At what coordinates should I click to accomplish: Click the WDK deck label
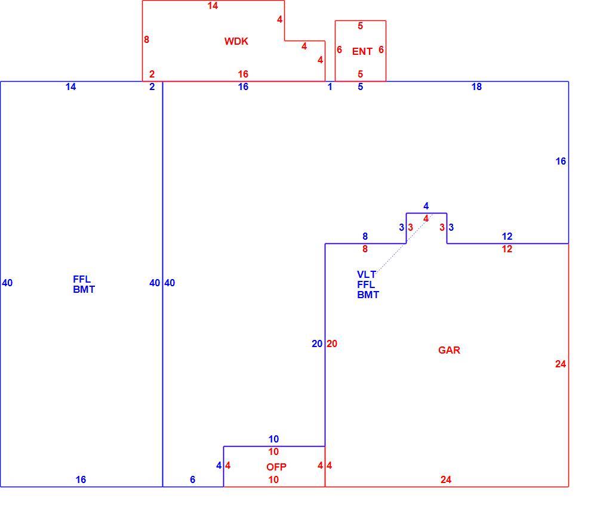[236, 41]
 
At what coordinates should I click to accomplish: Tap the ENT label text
[362, 51]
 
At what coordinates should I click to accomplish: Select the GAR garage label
[449, 350]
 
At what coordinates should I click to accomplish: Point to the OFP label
[276, 467]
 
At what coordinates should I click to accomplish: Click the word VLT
[367, 274]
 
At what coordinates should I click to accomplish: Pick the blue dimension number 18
[476, 86]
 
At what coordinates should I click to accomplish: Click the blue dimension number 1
[330, 86]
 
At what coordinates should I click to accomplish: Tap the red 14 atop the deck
[213, 6]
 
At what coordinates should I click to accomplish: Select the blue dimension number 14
[70, 86]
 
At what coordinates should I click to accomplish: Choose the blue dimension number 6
[192, 479]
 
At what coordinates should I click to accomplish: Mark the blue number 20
[317, 344]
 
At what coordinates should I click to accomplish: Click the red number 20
[331, 344]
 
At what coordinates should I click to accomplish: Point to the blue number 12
[507, 236]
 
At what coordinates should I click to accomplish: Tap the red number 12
[507, 249]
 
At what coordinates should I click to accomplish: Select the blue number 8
[365, 236]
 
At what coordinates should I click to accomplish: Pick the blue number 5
[360, 86]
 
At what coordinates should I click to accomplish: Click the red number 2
[152, 74]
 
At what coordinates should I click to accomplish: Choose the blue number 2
[152, 86]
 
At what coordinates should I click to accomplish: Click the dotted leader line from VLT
[404, 244]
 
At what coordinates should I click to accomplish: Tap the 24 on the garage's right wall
[560, 364]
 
